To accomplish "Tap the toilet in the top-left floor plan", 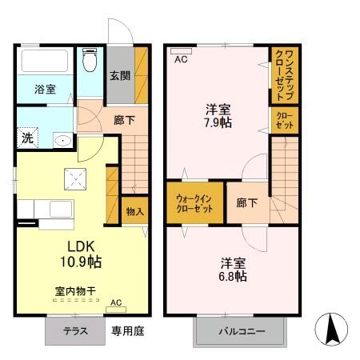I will coord(90,62).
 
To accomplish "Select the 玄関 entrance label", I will coord(120,76).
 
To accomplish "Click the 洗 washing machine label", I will coord(26,138).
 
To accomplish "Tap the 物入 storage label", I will coord(134,212).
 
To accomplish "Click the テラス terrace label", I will coord(77,330).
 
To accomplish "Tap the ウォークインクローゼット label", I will coord(195,203).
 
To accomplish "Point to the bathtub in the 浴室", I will coord(46,62).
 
